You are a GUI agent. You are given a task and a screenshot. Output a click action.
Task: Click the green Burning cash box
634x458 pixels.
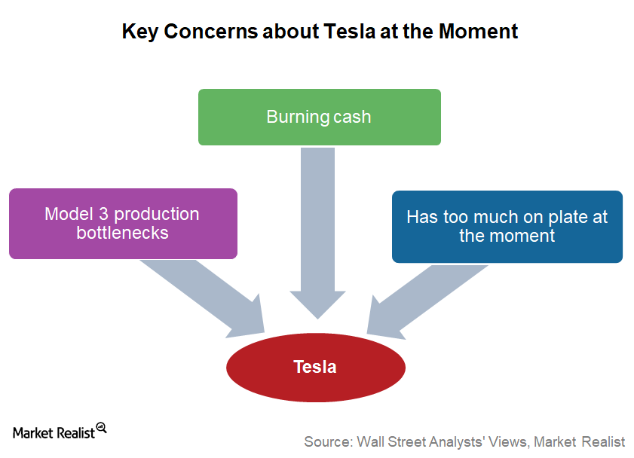click(x=320, y=117)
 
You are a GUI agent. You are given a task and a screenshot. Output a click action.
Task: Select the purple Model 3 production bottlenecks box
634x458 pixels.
click(x=124, y=224)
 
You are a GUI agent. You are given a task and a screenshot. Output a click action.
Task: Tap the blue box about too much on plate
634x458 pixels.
click(x=507, y=227)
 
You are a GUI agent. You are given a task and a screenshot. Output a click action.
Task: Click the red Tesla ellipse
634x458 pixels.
click(x=316, y=368)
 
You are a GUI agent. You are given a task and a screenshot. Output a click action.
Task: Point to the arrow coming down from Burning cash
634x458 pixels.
click(x=318, y=233)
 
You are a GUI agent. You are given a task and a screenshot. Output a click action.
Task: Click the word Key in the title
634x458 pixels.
click(x=140, y=32)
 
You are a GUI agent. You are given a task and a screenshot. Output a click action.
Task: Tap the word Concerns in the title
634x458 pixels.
click(x=210, y=31)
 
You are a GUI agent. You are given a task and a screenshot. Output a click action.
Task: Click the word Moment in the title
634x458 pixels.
click(x=479, y=31)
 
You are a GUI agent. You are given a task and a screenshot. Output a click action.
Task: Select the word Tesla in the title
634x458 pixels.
click(x=350, y=31)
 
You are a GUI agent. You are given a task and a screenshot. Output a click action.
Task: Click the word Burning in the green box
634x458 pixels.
click(x=298, y=117)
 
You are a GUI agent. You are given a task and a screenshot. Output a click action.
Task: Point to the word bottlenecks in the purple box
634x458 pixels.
click(x=123, y=233)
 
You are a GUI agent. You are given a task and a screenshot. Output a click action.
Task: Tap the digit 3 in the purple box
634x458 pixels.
click(x=104, y=214)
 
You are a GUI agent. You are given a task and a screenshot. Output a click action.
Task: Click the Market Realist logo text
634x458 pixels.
click(x=54, y=433)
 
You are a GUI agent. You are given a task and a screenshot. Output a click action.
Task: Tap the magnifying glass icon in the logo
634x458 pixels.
click(x=102, y=428)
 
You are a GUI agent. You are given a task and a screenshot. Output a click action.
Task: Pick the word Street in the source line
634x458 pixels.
click(x=403, y=442)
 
